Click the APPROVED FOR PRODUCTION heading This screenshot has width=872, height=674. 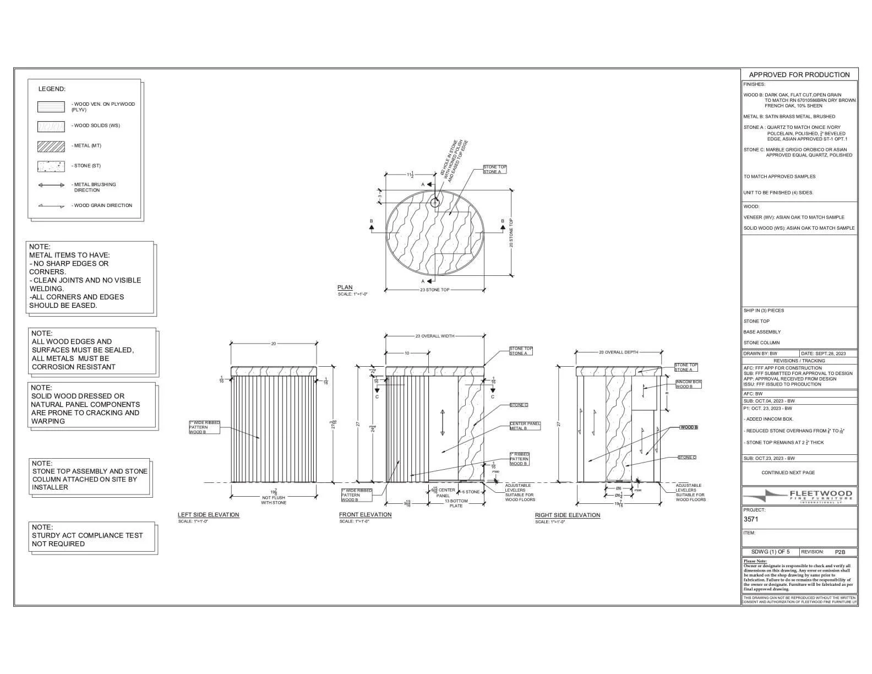799,75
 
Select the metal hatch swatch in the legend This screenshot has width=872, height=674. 51,146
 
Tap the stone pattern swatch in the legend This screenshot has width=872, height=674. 51,166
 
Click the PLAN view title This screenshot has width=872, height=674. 345,287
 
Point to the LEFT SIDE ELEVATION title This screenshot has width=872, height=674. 208,515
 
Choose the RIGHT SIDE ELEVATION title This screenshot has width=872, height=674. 568,515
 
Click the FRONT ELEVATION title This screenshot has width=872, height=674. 365,515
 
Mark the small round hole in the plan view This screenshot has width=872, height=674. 435,202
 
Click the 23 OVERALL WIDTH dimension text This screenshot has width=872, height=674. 435,336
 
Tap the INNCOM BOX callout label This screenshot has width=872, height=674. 688,384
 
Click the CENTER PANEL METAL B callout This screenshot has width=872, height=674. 525,426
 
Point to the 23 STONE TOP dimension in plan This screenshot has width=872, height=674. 435,290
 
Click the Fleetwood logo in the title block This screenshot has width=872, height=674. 799,495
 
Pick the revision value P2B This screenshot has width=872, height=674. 840,552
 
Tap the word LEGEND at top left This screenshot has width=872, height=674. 52,89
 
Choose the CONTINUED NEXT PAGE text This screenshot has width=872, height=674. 788,472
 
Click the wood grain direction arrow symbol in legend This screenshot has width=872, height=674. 51,206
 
